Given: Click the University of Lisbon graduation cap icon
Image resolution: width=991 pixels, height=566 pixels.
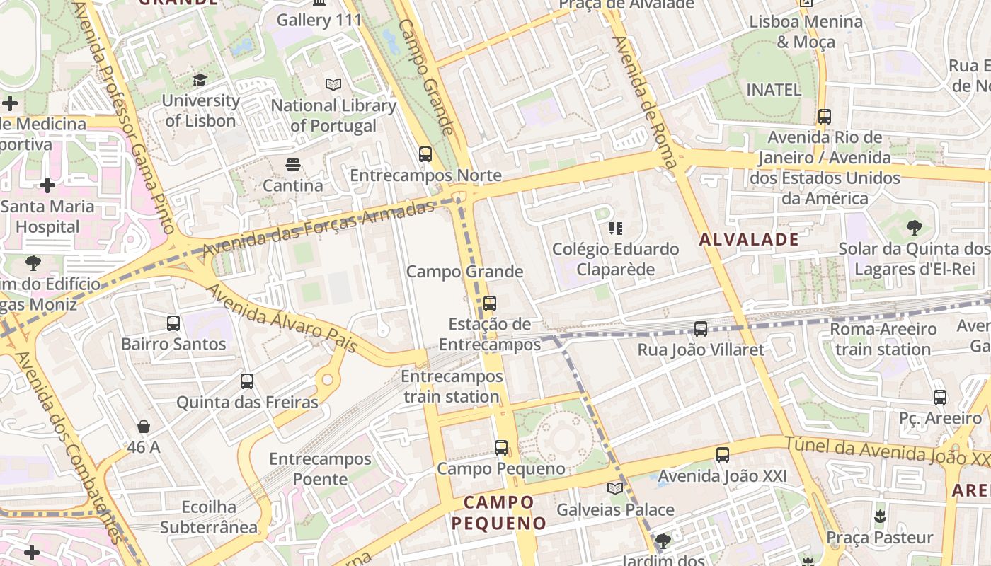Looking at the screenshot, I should coord(200,80).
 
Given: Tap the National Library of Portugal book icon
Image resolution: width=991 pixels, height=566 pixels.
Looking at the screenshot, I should coord(333,85).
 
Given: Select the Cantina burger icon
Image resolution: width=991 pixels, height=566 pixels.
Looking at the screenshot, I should coord(293,166).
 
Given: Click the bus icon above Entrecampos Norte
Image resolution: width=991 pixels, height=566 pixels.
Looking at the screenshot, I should coord(425,154).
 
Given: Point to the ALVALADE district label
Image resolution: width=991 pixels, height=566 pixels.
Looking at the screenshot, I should coord(749,239).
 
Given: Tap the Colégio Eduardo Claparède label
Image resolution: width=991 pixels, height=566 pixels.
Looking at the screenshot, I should coord(615,259).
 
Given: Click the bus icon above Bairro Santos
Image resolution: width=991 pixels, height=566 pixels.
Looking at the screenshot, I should coord(173,323).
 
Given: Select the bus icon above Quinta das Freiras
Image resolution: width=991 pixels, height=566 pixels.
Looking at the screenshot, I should coord(247,381).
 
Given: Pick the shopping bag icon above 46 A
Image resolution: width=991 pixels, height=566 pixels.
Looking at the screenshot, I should coord(144,427).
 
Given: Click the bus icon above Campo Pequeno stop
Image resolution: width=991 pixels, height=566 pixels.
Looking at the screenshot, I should coord(501,447).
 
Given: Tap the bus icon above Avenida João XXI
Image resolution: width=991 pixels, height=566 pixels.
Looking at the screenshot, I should coord(723,455).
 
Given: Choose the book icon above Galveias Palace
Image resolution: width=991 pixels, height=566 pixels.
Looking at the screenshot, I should coord(615,488).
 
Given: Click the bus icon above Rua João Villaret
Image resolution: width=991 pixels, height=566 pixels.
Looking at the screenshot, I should coord(701,328).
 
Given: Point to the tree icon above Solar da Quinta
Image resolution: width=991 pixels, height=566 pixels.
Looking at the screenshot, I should coord(914,228).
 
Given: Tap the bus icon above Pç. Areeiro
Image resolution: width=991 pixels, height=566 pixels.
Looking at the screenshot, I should coord(940,397).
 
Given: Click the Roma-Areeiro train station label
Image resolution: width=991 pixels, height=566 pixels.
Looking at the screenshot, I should coord(883,339).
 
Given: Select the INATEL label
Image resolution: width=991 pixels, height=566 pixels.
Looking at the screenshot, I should coord(774,90).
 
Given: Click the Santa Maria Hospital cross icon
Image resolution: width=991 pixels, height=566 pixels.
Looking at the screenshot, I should coord(47,186).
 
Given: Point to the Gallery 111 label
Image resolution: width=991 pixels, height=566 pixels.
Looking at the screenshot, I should coord(319,20).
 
